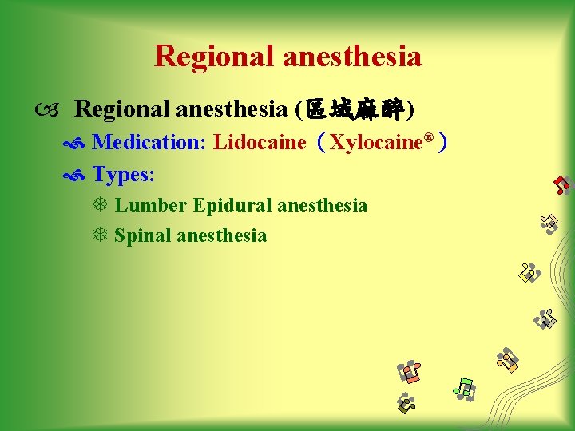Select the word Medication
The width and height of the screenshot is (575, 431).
(149, 143)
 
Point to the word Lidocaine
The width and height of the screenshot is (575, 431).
(260, 143)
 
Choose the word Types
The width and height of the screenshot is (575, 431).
(123, 173)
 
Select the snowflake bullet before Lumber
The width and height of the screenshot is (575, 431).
(100, 206)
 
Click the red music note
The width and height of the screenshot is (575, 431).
(562, 186)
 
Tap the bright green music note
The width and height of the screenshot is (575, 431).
(464, 388)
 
